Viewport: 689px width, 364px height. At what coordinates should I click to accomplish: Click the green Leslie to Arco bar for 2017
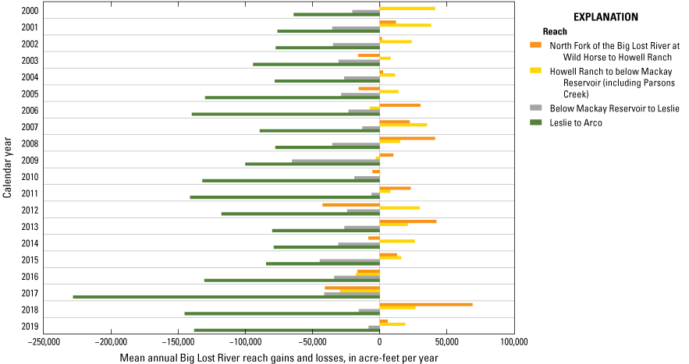click(x=226, y=297)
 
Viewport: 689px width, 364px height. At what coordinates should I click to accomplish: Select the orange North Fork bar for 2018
click(x=426, y=304)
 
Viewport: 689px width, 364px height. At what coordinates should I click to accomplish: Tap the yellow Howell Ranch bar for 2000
click(x=407, y=8)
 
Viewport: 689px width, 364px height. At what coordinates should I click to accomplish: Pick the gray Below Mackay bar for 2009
click(x=336, y=161)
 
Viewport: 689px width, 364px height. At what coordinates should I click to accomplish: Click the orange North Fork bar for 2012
click(x=351, y=205)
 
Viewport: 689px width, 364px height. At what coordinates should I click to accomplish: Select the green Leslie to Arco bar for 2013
click(x=326, y=231)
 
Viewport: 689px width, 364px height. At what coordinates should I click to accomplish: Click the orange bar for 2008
click(x=407, y=138)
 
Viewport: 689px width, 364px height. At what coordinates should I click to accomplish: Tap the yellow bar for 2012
click(x=400, y=208)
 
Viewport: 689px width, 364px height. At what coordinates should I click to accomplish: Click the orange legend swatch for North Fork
click(x=535, y=45)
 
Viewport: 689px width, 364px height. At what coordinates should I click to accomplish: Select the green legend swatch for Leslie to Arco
click(x=535, y=122)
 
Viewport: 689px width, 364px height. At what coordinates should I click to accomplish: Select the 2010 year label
click(x=30, y=178)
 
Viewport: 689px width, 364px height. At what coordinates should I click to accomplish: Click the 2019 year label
click(x=30, y=327)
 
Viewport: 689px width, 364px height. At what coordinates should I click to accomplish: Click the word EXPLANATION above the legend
click(x=606, y=16)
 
